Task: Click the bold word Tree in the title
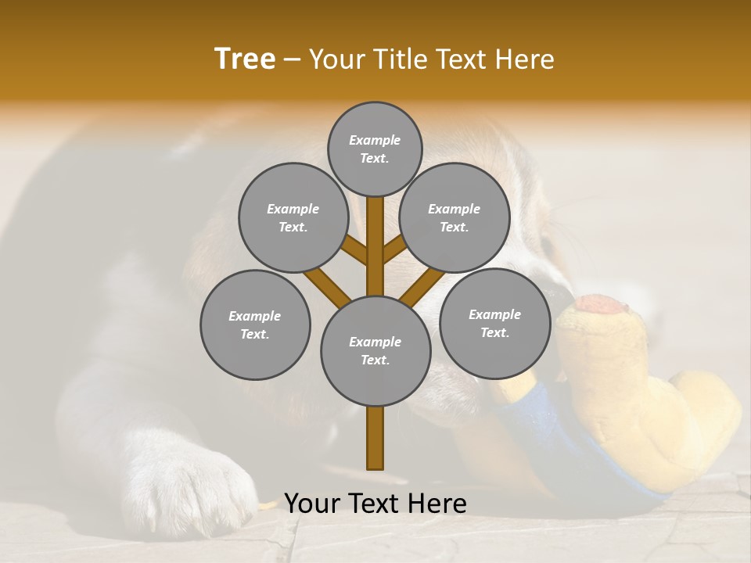click(x=245, y=59)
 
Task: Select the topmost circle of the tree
click(x=375, y=149)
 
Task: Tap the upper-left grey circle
click(x=293, y=217)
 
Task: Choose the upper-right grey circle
click(x=454, y=217)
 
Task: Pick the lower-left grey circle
click(x=254, y=325)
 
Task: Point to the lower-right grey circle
click(x=494, y=323)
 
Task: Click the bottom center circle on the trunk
click(x=375, y=350)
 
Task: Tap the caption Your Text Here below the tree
click(x=375, y=504)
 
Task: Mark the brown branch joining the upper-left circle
click(x=354, y=250)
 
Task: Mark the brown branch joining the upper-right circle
click(x=396, y=250)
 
